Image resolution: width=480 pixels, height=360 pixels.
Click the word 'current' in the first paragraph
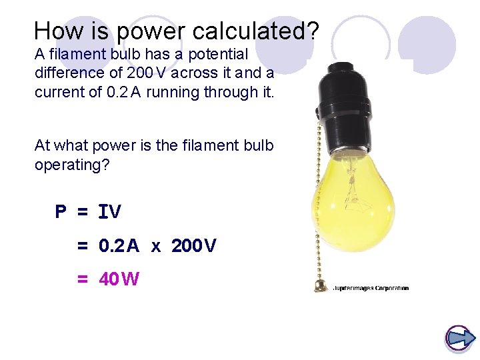click(x=60, y=92)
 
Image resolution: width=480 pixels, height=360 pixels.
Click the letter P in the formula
click(x=61, y=212)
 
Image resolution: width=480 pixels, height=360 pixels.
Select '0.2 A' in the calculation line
click(x=119, y=246)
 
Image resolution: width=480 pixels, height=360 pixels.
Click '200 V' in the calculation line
click(x=194, y=246)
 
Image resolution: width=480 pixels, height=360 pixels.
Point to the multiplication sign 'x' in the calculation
click(x=155, y=247)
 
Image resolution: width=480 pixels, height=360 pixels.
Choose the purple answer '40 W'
click(x=119, y=279)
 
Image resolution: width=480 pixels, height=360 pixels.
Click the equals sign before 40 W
click(x=83, y=279)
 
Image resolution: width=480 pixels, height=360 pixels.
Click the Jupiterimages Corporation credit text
click(x=371, y=288)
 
